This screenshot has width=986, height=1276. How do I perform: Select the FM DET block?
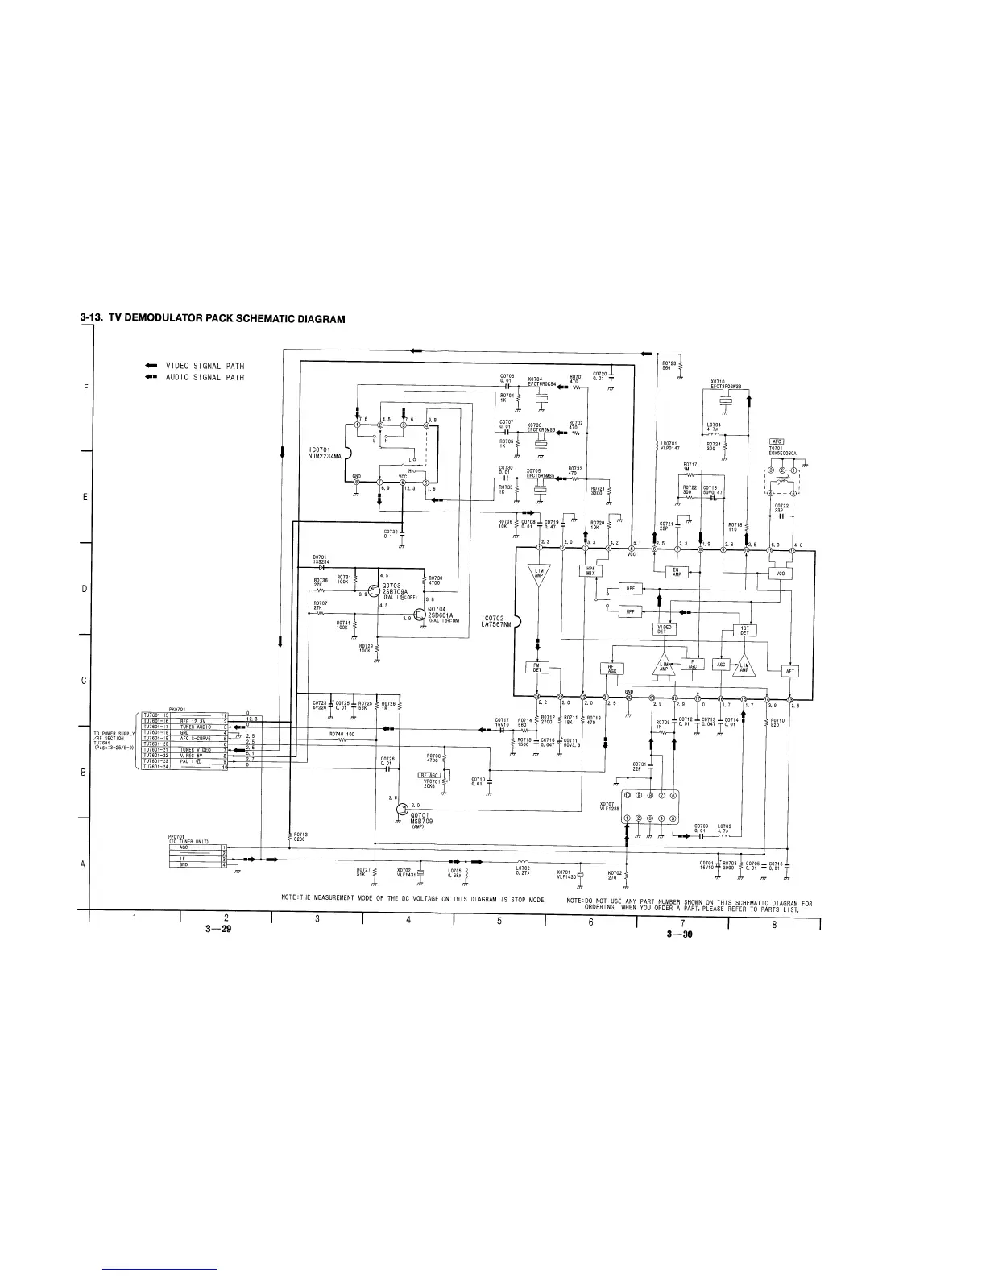tap(537, 667)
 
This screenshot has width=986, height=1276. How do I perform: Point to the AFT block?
tap(790, 671)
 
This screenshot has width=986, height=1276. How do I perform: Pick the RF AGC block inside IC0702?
tap(612, 669)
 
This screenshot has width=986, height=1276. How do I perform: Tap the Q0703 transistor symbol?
tap(374, 590)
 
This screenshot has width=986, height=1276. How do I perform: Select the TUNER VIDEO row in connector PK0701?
tap(196, 749)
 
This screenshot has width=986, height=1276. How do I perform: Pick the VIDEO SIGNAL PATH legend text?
tap(205, 366)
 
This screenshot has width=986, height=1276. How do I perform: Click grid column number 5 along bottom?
tap(499, 922)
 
